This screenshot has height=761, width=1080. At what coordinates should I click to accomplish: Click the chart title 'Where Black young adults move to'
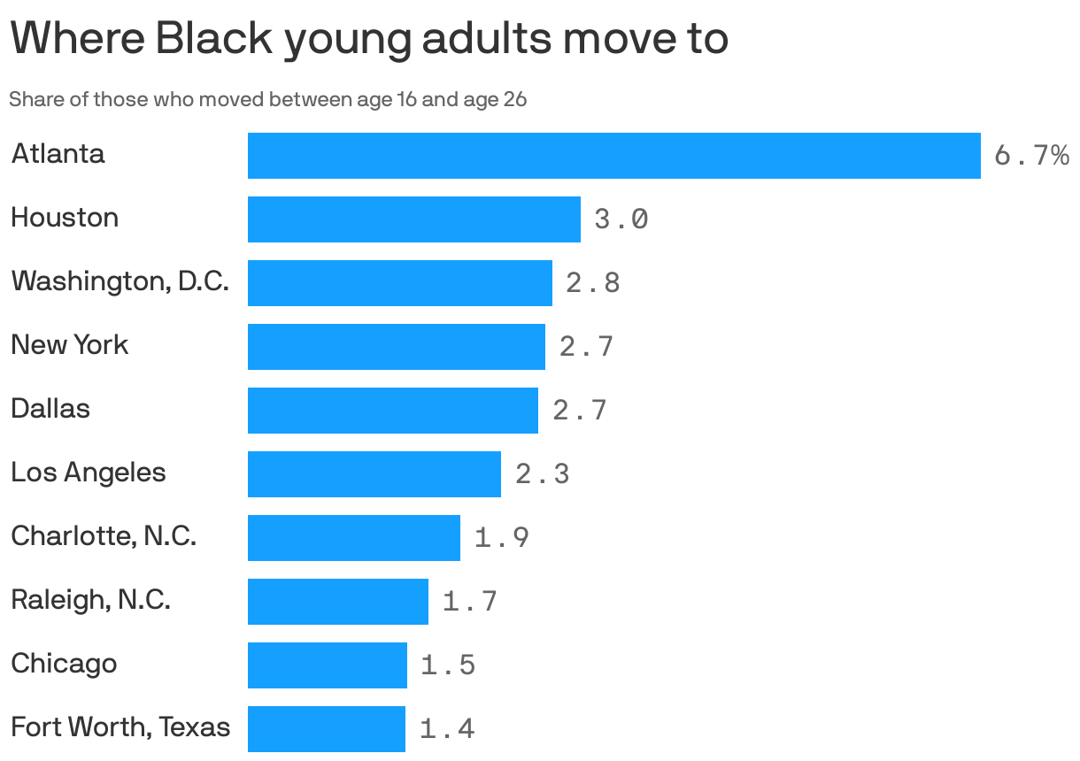(x=368, y=39)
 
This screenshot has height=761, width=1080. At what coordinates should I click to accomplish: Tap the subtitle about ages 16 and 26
(x=267, y=99)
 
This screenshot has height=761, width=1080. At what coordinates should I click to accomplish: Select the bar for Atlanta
(x=613, y=156)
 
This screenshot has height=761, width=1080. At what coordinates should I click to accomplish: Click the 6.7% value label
(x=1031, y=156)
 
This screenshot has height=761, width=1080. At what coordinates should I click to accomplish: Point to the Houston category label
(x=65, y=218)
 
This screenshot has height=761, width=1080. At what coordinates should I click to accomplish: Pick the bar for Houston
(x=413, y=219)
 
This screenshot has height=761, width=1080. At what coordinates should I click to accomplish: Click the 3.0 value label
(x=621, y=219)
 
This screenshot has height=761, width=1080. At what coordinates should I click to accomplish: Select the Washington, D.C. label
(x=120, y=281)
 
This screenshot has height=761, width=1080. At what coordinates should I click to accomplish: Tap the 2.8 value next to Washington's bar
(x=592, y=283)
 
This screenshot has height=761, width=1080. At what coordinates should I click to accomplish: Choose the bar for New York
(x=396, y=347)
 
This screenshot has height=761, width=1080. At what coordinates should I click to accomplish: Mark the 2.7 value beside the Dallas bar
(x=579, y=411)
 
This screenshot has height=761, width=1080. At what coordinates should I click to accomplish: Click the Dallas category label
(x=50, y=409)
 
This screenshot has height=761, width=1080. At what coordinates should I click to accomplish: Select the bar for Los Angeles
(x=374, y=474)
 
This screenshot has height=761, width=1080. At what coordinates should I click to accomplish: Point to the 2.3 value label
(x=542, y=474)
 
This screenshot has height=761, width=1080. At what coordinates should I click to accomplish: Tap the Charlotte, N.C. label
(x=104, y=536)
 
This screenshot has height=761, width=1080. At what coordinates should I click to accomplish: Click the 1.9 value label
(x=501, y=538)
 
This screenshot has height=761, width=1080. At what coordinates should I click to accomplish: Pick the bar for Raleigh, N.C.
(x=337, y=602)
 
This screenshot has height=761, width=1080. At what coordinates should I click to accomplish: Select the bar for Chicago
(x=327, y=665)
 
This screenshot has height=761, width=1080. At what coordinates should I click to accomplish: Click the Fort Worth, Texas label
(x=120, y=727)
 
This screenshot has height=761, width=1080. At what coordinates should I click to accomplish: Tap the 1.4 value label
(x=446, y=729)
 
